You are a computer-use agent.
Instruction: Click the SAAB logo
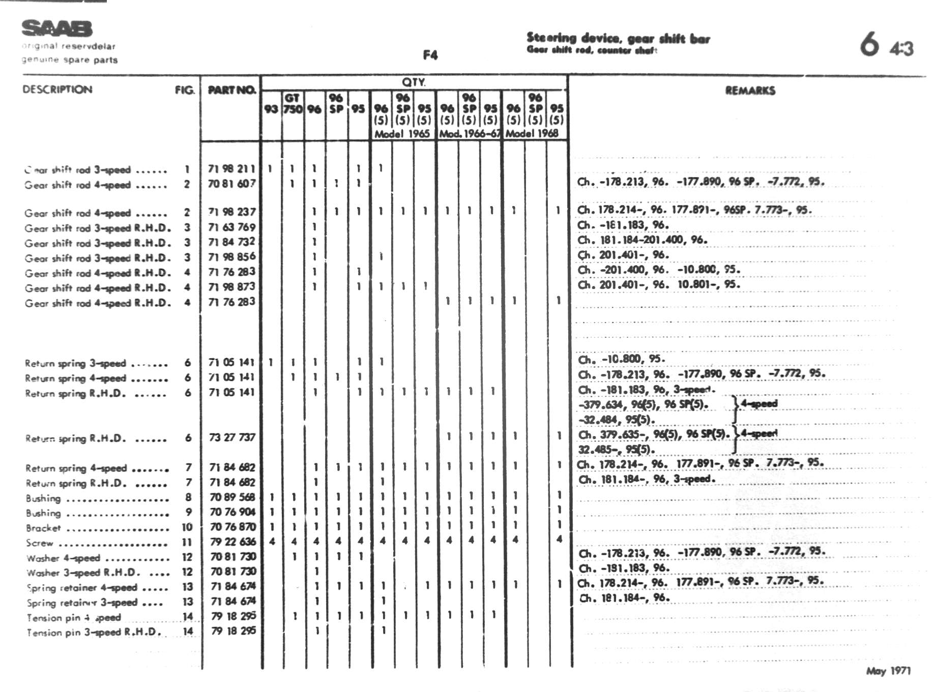[x=57, y=28]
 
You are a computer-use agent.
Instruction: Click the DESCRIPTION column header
[x=57, y=90]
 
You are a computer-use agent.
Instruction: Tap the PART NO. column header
[x=231, y=90]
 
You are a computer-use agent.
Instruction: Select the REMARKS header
[x=750, y=91]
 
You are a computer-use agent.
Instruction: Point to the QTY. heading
[x=414, y=82]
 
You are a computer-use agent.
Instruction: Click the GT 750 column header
[x=292, y=103]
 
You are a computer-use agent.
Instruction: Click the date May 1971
[x=888, y=671]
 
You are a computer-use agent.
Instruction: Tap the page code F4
[x=430, y=55]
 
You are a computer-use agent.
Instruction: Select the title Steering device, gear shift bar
[x=618, y=38]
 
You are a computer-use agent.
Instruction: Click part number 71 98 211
[x=231, y=169]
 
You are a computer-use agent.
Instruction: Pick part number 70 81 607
[x=231, y=184]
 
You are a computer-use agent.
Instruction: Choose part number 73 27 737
[x=232, y=437]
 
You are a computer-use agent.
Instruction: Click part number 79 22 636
[x=233, y=541]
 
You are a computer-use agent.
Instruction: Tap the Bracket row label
[x=43, y=528]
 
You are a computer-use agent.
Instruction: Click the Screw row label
[x=40, y=543]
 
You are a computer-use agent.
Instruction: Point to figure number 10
[x=187, y=527]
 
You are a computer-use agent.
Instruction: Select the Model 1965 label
[x=402, y=134]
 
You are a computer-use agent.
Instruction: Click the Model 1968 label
[x=532, y=134]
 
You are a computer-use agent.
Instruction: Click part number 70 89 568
[x=232, y=497]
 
